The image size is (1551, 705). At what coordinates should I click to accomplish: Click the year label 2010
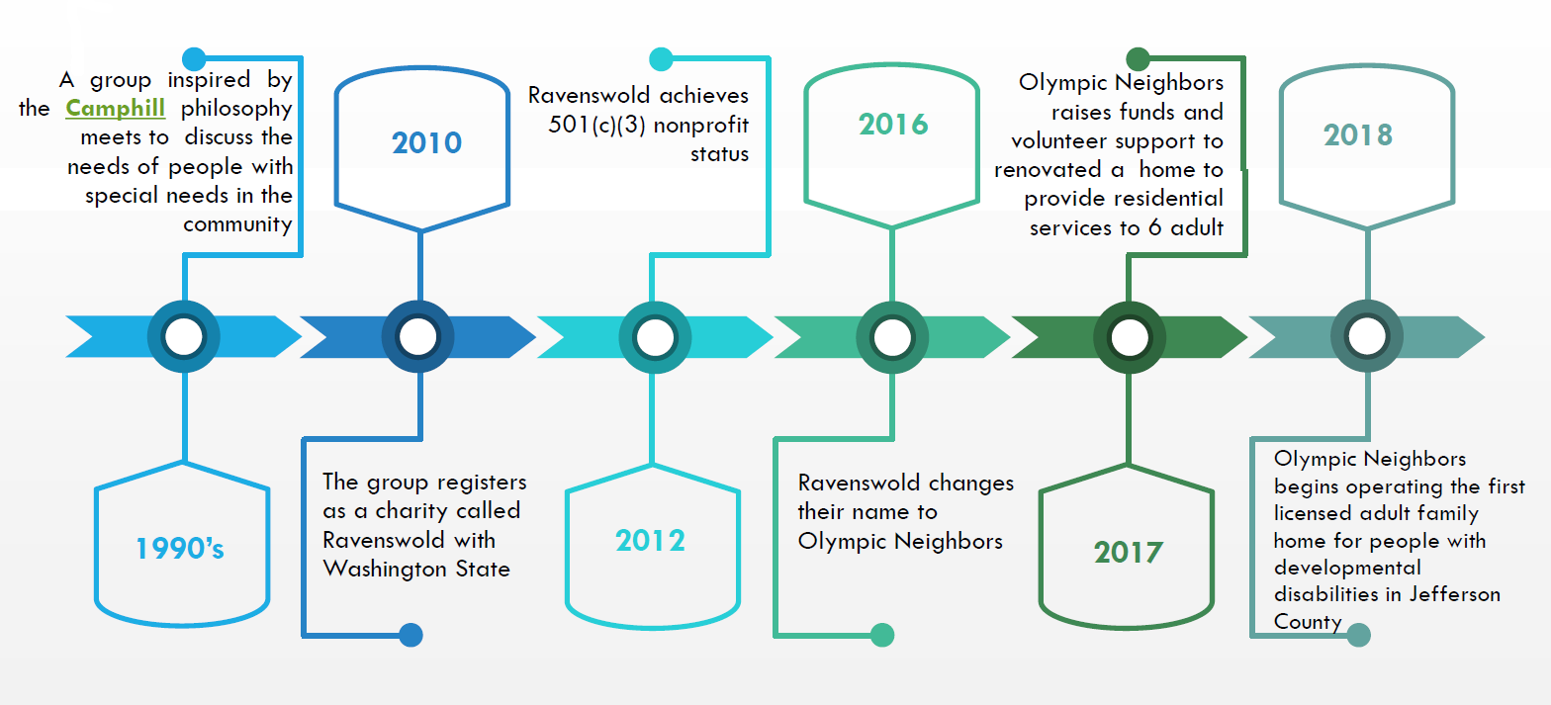(x=426, y=142)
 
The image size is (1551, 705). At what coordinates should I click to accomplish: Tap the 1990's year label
(x=180, y=548)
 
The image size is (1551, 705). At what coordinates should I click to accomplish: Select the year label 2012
(x=650, y=540)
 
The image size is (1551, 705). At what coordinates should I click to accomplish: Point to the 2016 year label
(x=893, y=124)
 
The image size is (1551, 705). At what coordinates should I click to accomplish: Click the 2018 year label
(x=1358, y=134)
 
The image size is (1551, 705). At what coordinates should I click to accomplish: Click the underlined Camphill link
(x=115, y=108)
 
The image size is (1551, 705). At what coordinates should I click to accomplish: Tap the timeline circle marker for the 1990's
(x=184, y=337)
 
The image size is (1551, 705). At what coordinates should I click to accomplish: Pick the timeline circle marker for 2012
(x=654, y=337)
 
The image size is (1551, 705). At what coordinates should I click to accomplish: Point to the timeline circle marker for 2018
(x=1366, y=337)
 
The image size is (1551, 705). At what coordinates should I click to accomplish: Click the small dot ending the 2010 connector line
(x=411, y=635)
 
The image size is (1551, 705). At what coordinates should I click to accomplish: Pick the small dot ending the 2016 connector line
(x=882, y=635)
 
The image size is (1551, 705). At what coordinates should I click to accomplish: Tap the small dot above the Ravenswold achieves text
(x=661, y=59)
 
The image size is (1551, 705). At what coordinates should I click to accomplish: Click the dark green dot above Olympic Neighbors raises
(x=1139, y=59)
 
